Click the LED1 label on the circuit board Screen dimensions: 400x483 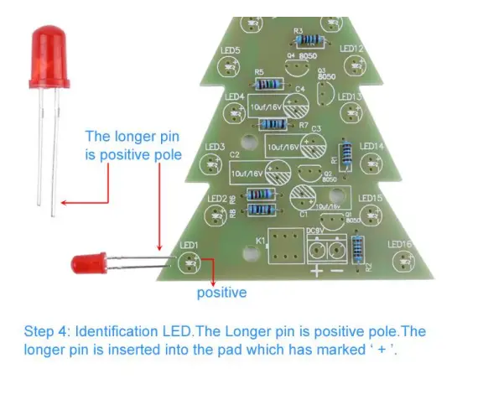(190, 245)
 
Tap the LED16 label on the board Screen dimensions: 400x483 (402, 244)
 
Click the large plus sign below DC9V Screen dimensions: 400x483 (316, 271)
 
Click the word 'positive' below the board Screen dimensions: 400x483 (221, 293)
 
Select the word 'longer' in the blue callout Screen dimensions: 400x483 (148, 136)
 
